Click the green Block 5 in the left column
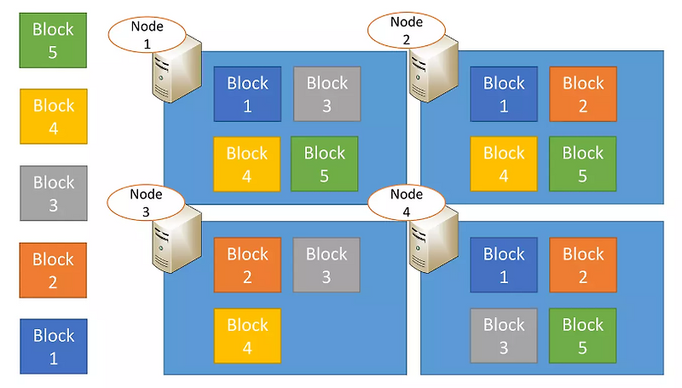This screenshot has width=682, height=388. [53, 40]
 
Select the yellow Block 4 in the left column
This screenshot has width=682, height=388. [53, 117]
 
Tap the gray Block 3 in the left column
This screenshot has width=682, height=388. [53, 194]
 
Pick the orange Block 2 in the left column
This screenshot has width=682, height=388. [53, 269]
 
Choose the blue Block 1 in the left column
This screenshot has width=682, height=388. [53, 346]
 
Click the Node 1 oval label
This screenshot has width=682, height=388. [147, 33]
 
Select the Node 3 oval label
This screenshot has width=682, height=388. [147, 202]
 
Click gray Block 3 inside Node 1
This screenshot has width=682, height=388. [327, 95]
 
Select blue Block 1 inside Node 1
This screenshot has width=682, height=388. [247, 95]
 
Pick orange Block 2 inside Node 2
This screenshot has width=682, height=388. [583, 95]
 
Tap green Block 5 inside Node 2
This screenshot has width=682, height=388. [583, 164]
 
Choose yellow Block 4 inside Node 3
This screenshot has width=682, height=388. [247, 336]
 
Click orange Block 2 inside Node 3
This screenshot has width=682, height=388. [247, 265]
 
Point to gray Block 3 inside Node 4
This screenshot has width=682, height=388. [504, 336]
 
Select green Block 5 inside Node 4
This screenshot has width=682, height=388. [583, 336]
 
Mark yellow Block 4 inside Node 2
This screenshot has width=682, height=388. [504, 164]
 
